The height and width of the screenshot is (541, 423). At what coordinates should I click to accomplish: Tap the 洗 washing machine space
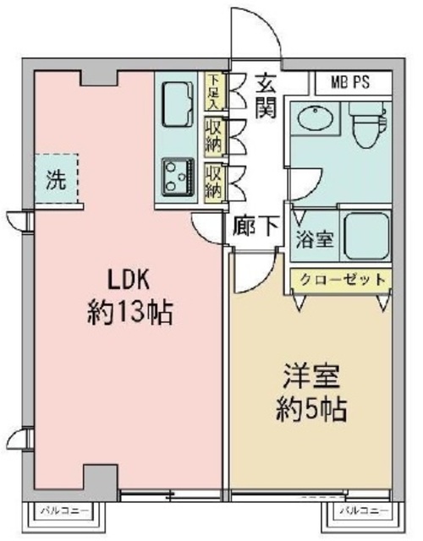tap(55, 179)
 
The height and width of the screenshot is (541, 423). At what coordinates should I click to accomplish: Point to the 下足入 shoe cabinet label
tap(214, 92)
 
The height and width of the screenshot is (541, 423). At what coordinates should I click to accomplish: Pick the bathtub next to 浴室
tap(365, 236)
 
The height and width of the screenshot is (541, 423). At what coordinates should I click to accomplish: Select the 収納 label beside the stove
tap(214, 181)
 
